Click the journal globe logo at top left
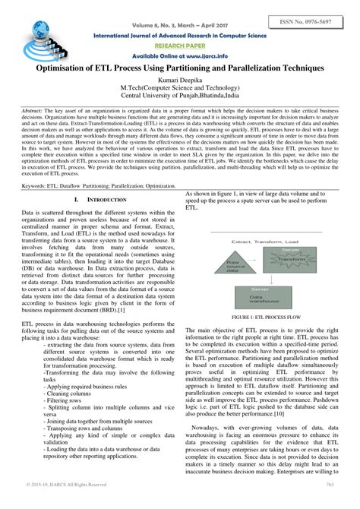pos(35,31)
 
